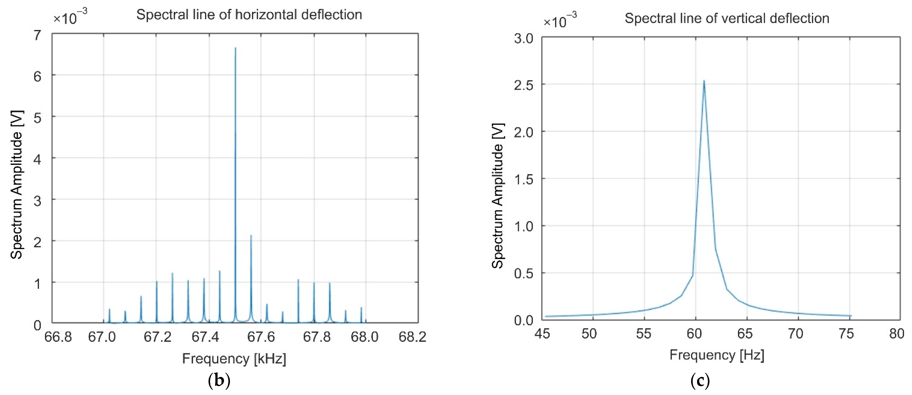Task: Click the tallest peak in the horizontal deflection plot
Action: (235, 48)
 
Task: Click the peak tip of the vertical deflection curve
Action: (704, 81)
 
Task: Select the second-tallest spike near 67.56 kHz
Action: (251, 235)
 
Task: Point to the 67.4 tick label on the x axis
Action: (205, 337)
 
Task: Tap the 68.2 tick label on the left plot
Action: (412, 337)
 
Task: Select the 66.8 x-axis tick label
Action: (58, 337)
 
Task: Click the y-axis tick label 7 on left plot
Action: (37, 35)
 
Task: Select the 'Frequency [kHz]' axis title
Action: (234, 359)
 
